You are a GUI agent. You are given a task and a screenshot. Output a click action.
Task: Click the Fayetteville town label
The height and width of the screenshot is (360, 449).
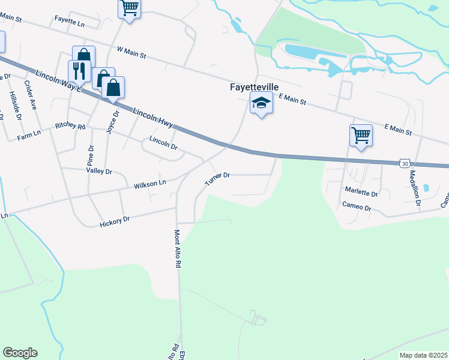tap(255, 87)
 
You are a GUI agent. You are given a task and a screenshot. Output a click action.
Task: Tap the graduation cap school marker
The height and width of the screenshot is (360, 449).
tap(261, 103)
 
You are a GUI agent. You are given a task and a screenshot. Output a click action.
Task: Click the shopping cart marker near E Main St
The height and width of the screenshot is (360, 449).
tap(361, 135)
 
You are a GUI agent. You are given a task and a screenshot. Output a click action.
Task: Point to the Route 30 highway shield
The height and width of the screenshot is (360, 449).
tap(405, 163)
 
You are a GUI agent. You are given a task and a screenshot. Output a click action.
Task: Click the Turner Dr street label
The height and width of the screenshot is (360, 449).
tap(217, 178)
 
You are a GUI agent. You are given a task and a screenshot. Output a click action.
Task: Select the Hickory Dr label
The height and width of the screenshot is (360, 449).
tap(114, 221)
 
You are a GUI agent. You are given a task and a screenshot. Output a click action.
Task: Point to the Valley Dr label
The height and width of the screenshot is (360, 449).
tap(99, 171)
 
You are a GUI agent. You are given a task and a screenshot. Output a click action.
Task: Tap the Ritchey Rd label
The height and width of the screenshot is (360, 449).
tap(70, 127)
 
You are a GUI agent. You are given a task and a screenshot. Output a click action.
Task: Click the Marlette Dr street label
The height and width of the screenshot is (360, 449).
tap(361, 193)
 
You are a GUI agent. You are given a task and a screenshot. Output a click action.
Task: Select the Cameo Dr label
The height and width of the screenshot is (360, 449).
tap(357, 208)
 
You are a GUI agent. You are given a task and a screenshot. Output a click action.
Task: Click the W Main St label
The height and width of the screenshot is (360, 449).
tap(132, 53)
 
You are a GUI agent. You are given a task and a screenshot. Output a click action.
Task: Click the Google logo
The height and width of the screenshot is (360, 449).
tap(20, 353)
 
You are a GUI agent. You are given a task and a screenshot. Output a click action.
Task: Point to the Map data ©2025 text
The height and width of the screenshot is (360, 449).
tap(423, 355)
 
